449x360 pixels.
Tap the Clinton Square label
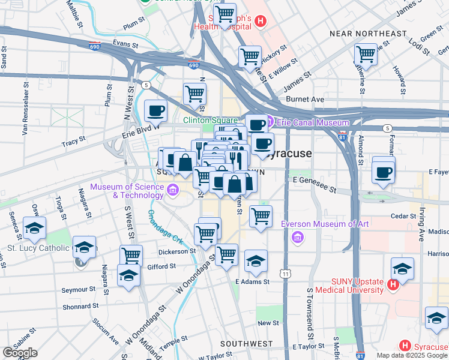click(210, 120)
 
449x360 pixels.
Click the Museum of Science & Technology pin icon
click(173, 191)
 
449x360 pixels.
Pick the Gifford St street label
click(161, 265)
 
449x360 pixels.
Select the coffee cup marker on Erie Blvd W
click(156, 111)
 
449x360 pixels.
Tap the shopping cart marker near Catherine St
click(366, 54)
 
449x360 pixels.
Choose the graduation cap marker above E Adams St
click(256, 261)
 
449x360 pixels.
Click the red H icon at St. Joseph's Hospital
click(260, 22)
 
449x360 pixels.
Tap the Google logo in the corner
click(20, 353)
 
